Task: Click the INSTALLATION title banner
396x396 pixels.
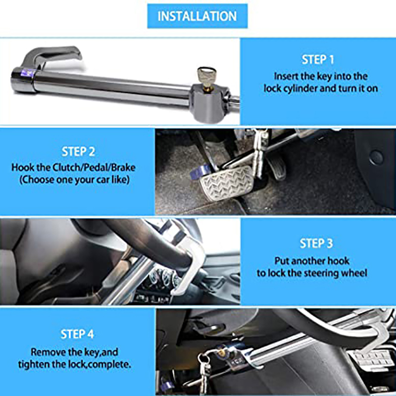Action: [x=197, y=16]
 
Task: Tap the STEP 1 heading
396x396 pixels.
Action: [x=318, y=59]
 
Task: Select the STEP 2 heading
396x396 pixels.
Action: [x=78, y=151]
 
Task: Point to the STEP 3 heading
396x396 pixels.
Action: [x=316, y=243]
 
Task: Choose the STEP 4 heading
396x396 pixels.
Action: [x=77, y=334]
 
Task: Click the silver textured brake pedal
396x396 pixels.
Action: [x=227, y=182]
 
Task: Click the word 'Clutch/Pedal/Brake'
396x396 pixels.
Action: [x=94, y=167]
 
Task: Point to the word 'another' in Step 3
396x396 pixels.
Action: [x=312, y=261]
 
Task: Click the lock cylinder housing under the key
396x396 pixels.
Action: [x=209, y=103]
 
